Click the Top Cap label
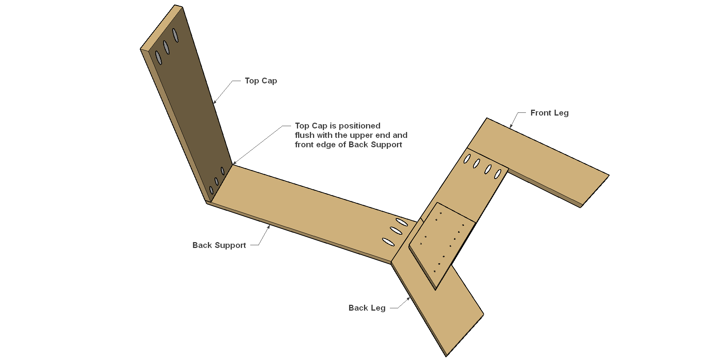click(x=261, y=81)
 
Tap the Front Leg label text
click(x=550, y=113)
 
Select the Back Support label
click(x=219, y=245)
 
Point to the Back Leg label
click(x=367, y=308)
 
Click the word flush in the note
click(x=305, y=135)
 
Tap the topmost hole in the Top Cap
click(x=175, y=35)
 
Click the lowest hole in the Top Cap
click(x=211, y=190)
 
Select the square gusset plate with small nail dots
click(x=442, y=244)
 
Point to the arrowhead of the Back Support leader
click(x=269, y=227)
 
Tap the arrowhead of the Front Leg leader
click(x=511, y=126)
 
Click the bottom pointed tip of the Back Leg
click(x=446, y=356)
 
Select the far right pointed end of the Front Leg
click(x=608, y=175)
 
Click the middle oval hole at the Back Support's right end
click(x=396, y=230)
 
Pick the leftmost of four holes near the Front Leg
click(x=467, y=159)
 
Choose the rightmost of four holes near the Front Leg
click(x=498, y=174)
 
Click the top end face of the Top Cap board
click(x=162, y=27)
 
